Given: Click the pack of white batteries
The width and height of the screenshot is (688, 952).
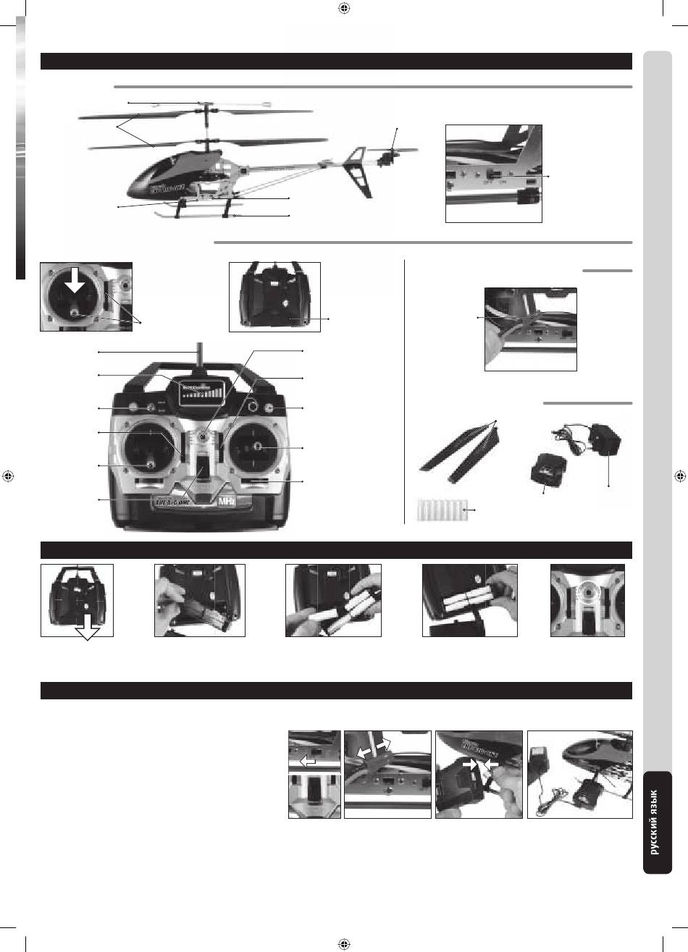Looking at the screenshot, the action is [439, 510].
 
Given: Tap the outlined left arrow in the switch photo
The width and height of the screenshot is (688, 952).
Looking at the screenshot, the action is [307, 760].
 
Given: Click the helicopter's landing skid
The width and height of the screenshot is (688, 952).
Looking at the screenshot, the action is [203, 216].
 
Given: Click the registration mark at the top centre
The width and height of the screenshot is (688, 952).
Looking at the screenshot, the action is [344, 9].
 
